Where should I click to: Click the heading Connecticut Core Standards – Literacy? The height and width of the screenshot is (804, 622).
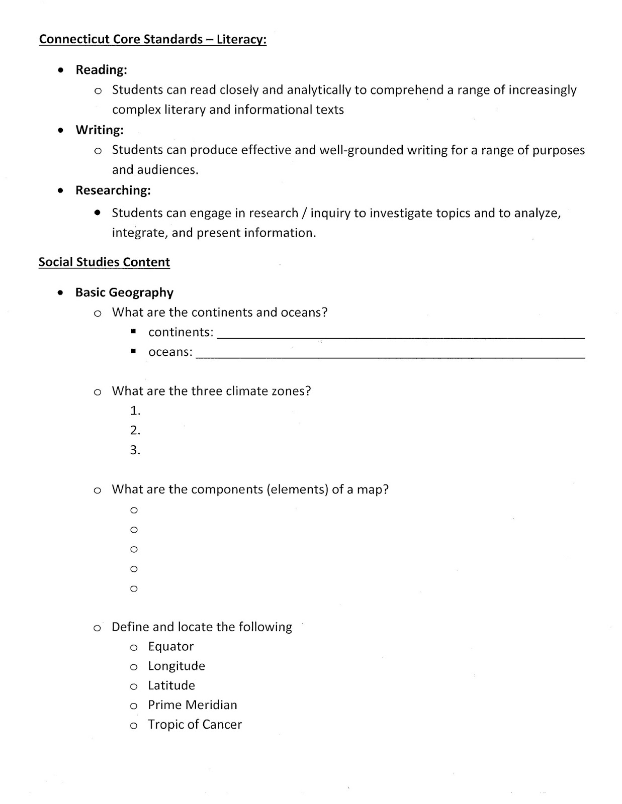pos(152,40)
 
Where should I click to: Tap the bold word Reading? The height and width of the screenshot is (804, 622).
pos(101,70)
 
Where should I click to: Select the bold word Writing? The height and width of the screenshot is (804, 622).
pos(100,130)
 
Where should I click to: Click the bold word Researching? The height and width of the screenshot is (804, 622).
pos(113,190)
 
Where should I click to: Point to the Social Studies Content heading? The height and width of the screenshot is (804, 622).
pos(104,262)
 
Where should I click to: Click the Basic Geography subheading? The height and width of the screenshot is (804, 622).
pos(124,292)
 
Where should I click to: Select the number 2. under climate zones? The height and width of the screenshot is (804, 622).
pos(135,431)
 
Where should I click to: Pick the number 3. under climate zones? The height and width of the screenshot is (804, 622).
pos(135,450)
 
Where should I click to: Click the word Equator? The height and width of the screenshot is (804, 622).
pos(171,647)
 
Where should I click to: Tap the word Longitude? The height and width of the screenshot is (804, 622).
pos(176,666)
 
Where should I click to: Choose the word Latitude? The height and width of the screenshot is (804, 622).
pos(171,685)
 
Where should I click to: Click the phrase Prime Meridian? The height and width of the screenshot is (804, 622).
pos(193,705)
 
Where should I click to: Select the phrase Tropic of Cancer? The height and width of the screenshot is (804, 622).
pos(195,725)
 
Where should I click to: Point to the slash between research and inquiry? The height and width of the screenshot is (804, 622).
pos(304,213)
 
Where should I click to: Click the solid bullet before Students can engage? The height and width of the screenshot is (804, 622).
pos(98,213)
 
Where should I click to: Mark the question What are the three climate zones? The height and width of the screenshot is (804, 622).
pos(211,391)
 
